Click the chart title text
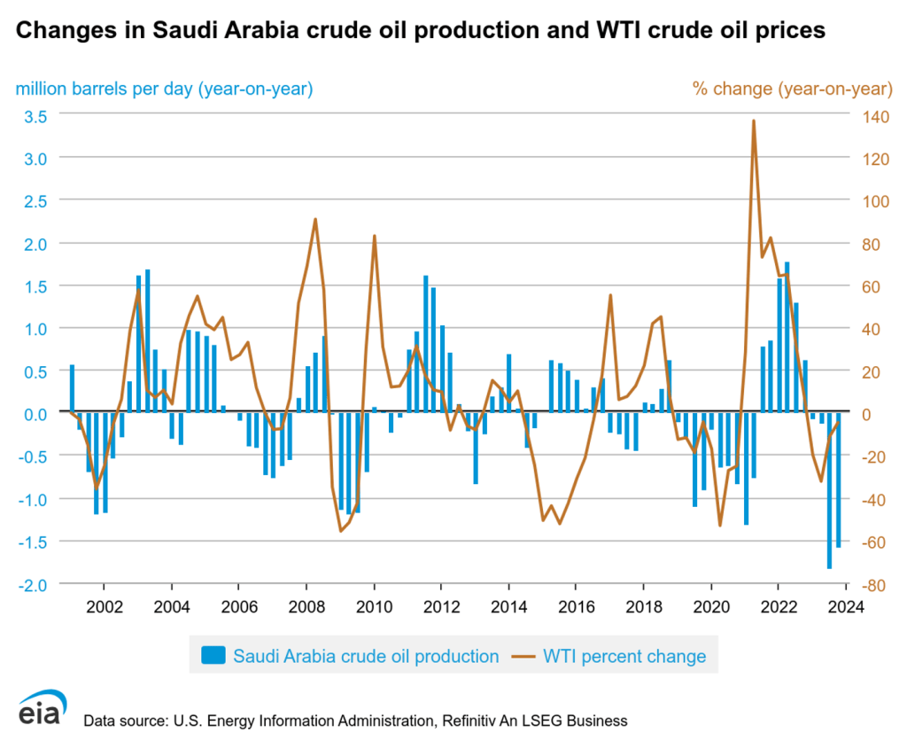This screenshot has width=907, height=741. (x=421, y=31)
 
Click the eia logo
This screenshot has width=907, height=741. (x=41, y=709)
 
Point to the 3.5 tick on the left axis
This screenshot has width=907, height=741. (x=35, y=114)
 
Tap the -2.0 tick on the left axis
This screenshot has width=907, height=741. (x=34, y=584)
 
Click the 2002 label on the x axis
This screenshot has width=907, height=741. (x=104, y=609)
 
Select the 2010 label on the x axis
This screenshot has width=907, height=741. (x=374, y=609)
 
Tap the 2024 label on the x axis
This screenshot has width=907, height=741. (x=846, y=609)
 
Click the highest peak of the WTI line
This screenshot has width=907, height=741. (x=753, y=121)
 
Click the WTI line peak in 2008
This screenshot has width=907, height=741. (x=315, y=220)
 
